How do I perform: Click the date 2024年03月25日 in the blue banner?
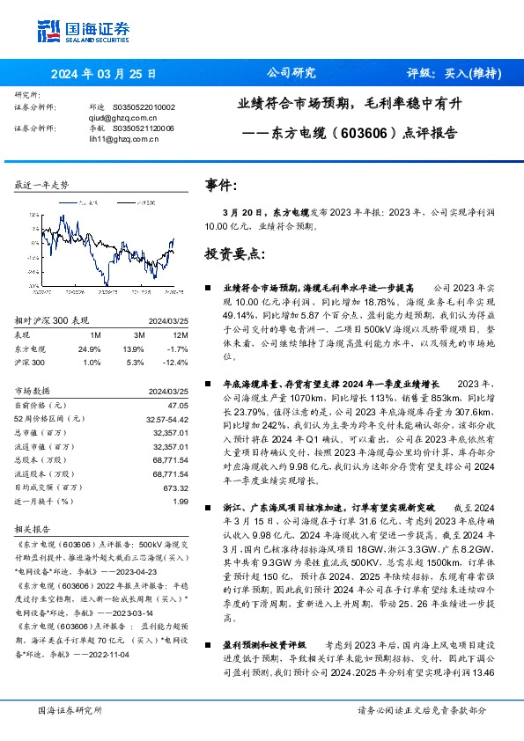coord(103,74)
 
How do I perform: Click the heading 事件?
coord(220,187)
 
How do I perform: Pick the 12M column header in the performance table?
coord(181,335)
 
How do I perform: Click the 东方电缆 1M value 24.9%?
coord(90,349)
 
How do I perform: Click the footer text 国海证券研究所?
coord(70,710)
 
